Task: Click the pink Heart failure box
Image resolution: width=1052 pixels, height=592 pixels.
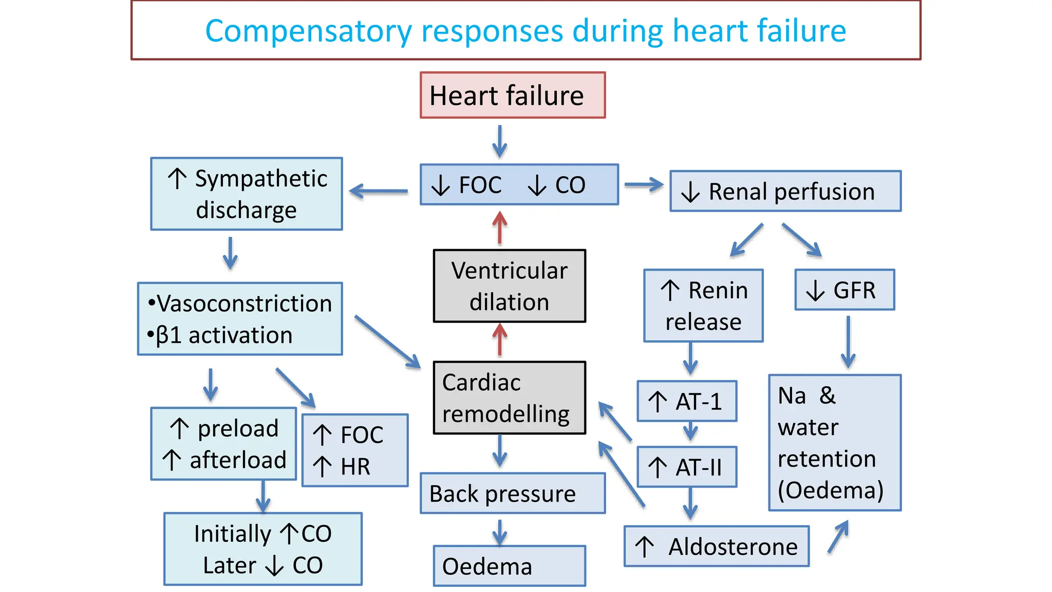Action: click(512, 96)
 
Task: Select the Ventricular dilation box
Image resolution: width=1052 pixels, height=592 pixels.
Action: click(509, 286)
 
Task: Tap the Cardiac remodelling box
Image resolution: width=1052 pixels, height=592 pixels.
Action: click(509, 398)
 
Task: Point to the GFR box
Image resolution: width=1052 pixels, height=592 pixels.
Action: click(844, 290)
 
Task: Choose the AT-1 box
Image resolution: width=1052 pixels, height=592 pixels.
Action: click(687, 401)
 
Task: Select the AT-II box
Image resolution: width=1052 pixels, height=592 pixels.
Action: click(687, 467)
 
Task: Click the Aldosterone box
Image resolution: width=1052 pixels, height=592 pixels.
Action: click(716, 546)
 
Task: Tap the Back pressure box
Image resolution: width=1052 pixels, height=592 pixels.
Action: click(512, 494)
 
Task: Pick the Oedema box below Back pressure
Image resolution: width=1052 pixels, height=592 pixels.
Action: click(509, 566)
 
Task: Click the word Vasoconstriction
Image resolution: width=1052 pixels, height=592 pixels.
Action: click(244, 304)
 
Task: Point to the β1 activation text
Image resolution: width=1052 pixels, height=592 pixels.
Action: click(224, 336)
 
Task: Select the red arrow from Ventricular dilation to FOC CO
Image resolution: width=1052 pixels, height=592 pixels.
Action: click(499, 228)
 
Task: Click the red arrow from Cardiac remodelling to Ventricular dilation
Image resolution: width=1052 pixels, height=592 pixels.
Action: click(499, 340)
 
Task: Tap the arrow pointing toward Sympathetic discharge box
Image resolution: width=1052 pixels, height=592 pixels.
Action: click(379, 191)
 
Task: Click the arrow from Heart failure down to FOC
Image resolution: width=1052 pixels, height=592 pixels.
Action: click(499, 141)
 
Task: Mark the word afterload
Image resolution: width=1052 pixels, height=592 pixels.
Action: click(238, 460)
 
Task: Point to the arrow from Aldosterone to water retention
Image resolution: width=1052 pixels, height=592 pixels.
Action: click(838, 536)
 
